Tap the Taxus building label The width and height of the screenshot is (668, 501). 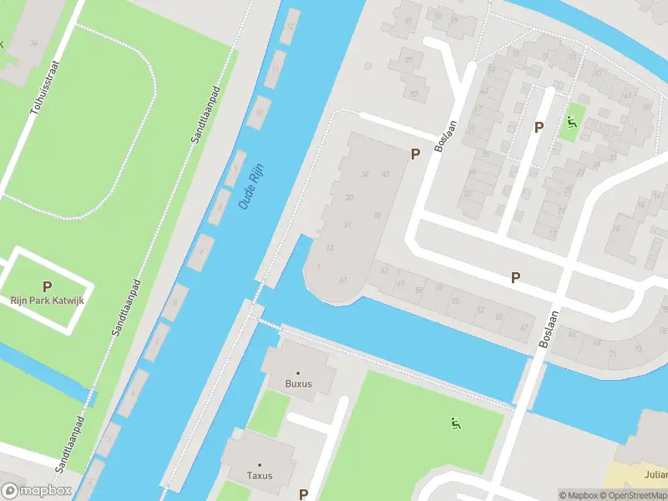click(x=260, y=476)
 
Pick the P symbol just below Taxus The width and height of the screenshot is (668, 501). click(x=303, y=494)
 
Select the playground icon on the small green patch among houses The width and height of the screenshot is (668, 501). click(x=571, y=124)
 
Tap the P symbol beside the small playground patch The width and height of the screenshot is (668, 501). click(x=539, y=128)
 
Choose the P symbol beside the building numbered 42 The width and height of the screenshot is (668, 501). click(x=415, y=154)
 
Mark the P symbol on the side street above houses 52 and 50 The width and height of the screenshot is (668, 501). click(x=515, y=277)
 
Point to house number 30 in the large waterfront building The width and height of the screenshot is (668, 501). click(x=349, y=197)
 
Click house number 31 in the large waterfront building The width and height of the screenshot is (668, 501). click(x=346, y=225)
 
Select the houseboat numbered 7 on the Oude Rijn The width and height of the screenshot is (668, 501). click(x=201, y=251)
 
